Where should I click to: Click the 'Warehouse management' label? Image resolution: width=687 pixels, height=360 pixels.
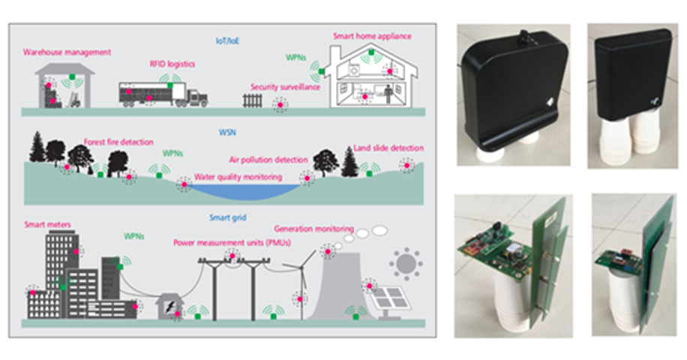tap(67, 52)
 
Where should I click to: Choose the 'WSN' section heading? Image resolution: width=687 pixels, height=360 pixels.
tap(226, 133)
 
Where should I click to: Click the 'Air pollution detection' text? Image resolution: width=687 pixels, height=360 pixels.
tap(268, 160)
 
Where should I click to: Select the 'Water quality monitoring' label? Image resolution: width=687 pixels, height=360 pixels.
tap(238, 178)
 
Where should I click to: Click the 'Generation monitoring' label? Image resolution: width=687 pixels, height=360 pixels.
tap(312, 228)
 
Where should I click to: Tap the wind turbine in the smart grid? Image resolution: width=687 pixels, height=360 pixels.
tap(303, 285)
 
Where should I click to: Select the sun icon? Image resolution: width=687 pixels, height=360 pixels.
tap(406, 263)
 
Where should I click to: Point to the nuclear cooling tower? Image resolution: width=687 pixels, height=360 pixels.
tap(341, 285)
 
